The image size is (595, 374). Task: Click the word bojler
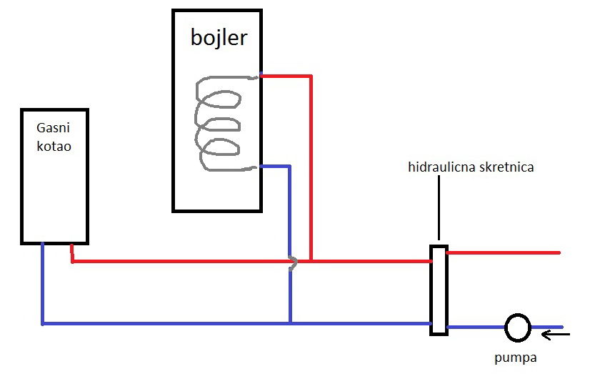219,37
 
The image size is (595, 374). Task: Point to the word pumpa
516,356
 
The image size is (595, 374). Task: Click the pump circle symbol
516,328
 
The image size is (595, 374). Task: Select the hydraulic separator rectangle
439,290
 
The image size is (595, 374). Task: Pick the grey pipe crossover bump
293,263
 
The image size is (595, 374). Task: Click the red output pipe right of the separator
504,252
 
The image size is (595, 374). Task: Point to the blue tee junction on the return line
290,323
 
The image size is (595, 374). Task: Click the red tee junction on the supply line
311,261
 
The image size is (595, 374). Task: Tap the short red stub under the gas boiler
72,254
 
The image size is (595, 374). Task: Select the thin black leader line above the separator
439,207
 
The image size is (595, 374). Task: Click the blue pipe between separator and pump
476,328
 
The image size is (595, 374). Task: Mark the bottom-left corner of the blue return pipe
43,323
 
